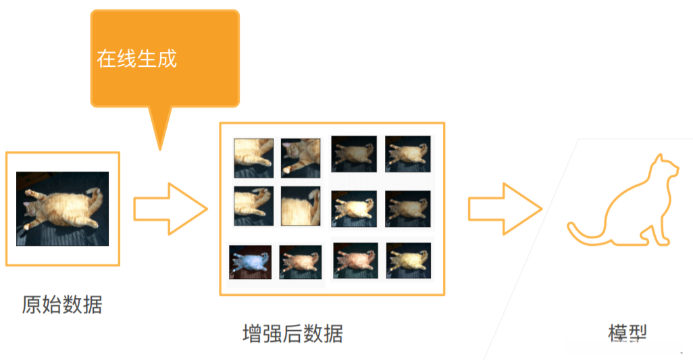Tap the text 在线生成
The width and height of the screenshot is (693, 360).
coord(136,59)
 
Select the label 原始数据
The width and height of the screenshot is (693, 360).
coord(62,305)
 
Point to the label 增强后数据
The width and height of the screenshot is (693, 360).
coord(292,334)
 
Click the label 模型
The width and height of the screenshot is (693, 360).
coord(627,333)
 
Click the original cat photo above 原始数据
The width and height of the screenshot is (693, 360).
coord(62,209)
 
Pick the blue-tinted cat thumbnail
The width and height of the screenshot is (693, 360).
coord(250,262)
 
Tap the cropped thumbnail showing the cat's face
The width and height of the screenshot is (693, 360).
coord(301,158)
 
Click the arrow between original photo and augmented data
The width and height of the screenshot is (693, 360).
coord(169,209)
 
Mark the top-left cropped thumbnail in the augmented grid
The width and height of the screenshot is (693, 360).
coord(253,158)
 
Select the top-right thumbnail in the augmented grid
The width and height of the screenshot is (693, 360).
coord(407,153)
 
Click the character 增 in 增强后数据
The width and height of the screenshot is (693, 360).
coord(252,334)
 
